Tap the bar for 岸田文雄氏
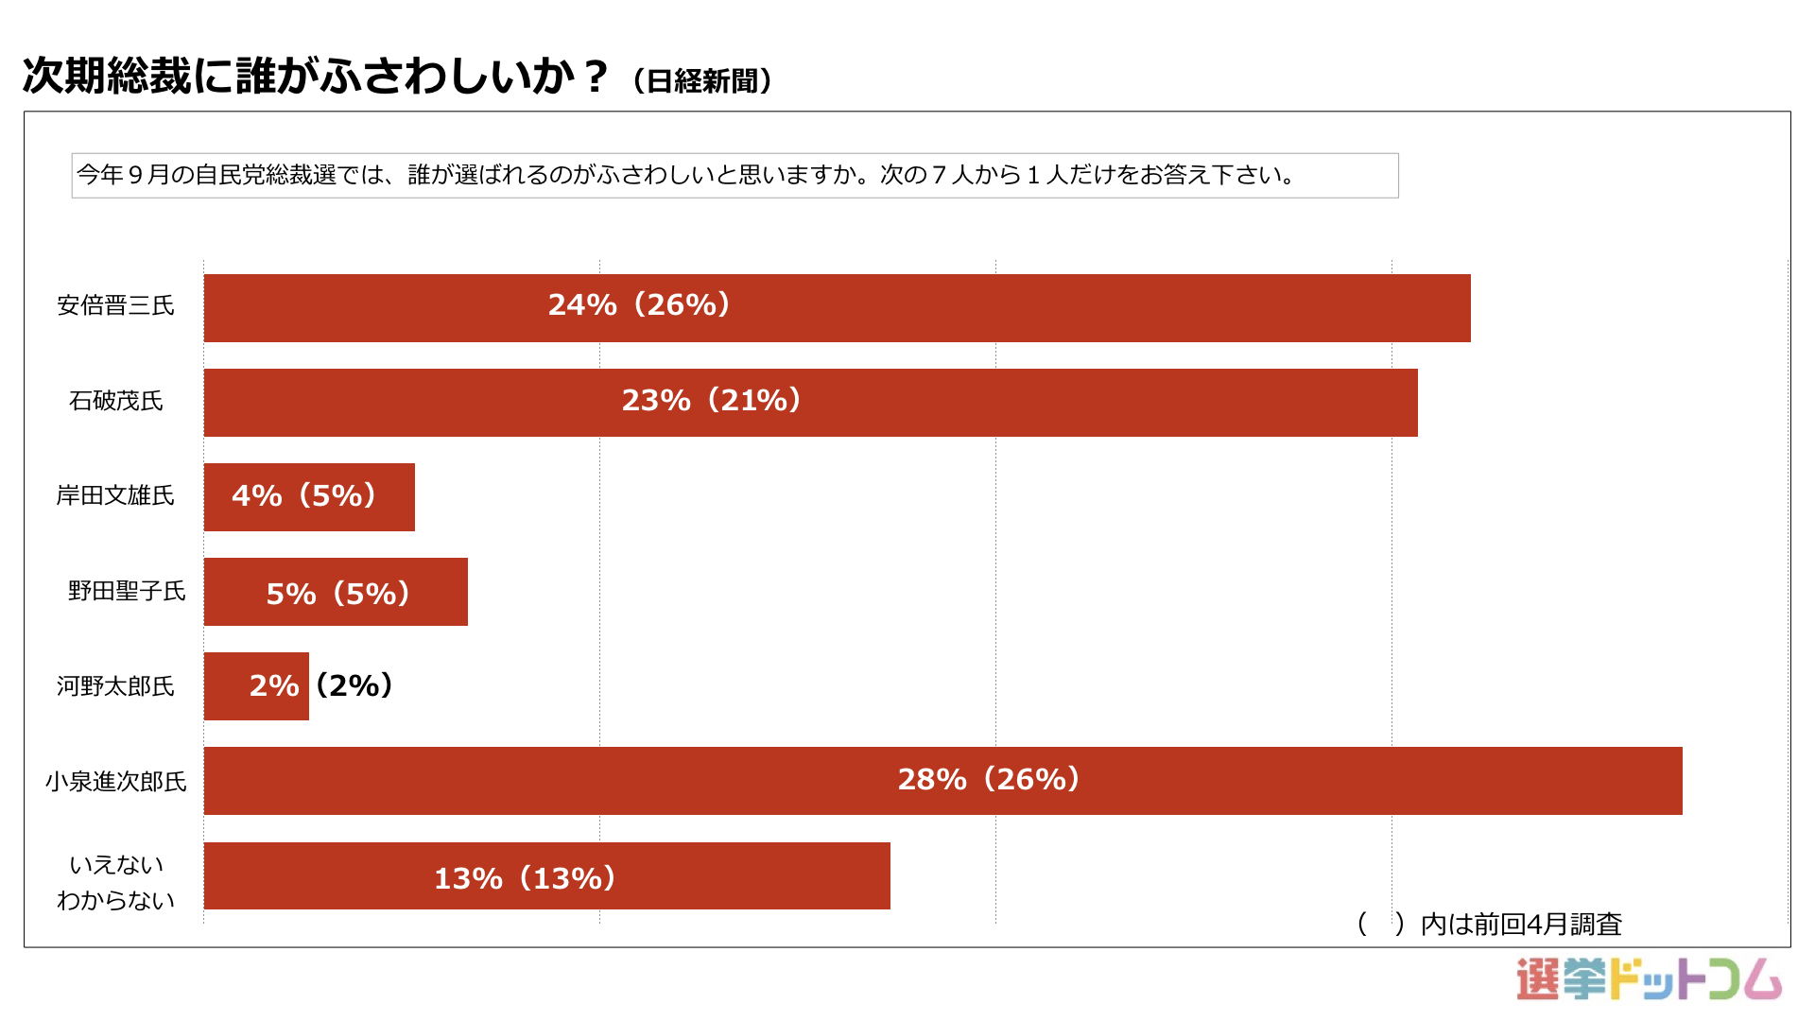click(309, 497)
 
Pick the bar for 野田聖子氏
click(336, 592)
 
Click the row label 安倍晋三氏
click(115, 305)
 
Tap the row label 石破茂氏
click(115, 401)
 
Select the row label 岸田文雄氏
click(115, 495)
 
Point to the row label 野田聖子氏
click(127, 591)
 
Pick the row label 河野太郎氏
click(115, 685)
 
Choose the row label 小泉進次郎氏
click(115, 781)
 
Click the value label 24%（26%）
click(639, 304)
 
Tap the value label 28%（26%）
click(989, 779)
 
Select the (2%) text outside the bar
click(354, 684)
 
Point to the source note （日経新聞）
click(702, 81)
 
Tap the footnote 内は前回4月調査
click(1520, 924)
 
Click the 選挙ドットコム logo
click(1649, 979)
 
